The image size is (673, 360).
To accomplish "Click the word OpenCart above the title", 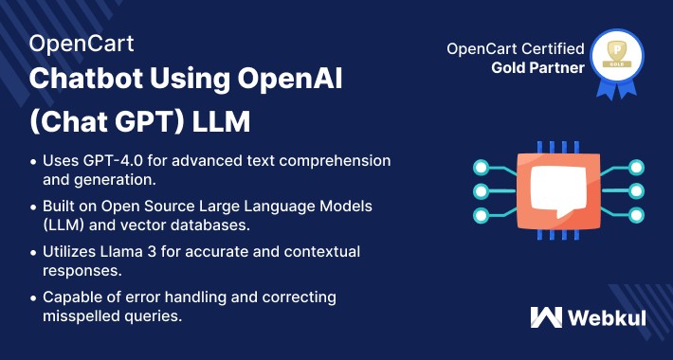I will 82,44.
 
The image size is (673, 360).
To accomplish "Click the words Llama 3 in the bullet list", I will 137,251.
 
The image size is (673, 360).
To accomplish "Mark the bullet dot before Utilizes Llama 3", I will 35,252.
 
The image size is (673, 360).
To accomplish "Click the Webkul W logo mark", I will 547,317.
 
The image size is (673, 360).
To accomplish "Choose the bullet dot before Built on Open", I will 35,206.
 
